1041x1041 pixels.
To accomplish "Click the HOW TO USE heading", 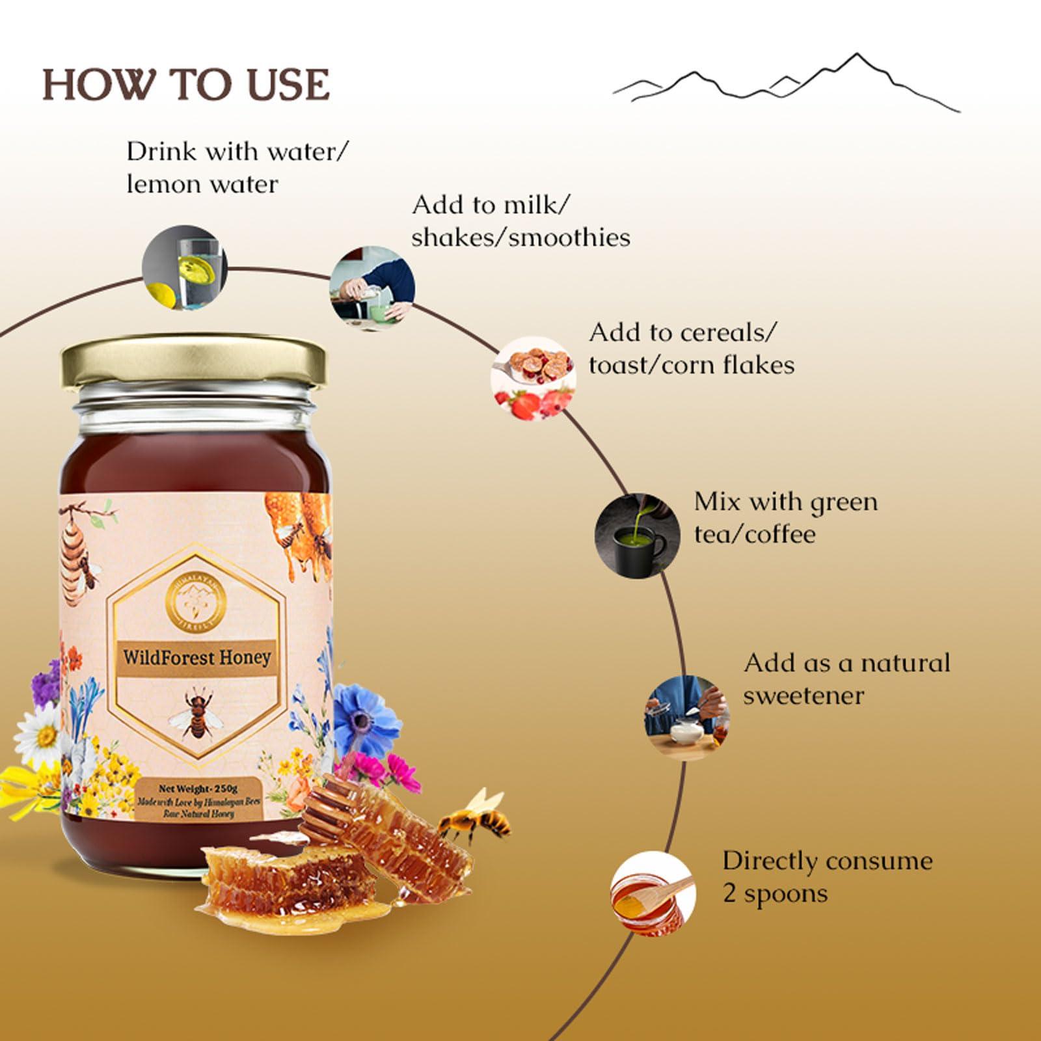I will click(x=186, y=85).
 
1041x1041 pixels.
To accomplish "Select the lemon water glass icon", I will click(x=185, y=267).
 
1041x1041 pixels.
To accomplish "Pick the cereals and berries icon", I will click(x=533, y=378).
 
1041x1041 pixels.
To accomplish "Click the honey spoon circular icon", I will click(x=653, y=893).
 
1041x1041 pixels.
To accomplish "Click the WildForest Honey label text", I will click(x=196, y=656).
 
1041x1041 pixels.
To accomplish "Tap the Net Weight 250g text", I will click(x=198, y=790).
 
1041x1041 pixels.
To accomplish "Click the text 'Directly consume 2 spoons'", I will click(x=827, y=876).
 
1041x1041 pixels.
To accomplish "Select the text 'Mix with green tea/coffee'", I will click(x=785, y=518).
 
